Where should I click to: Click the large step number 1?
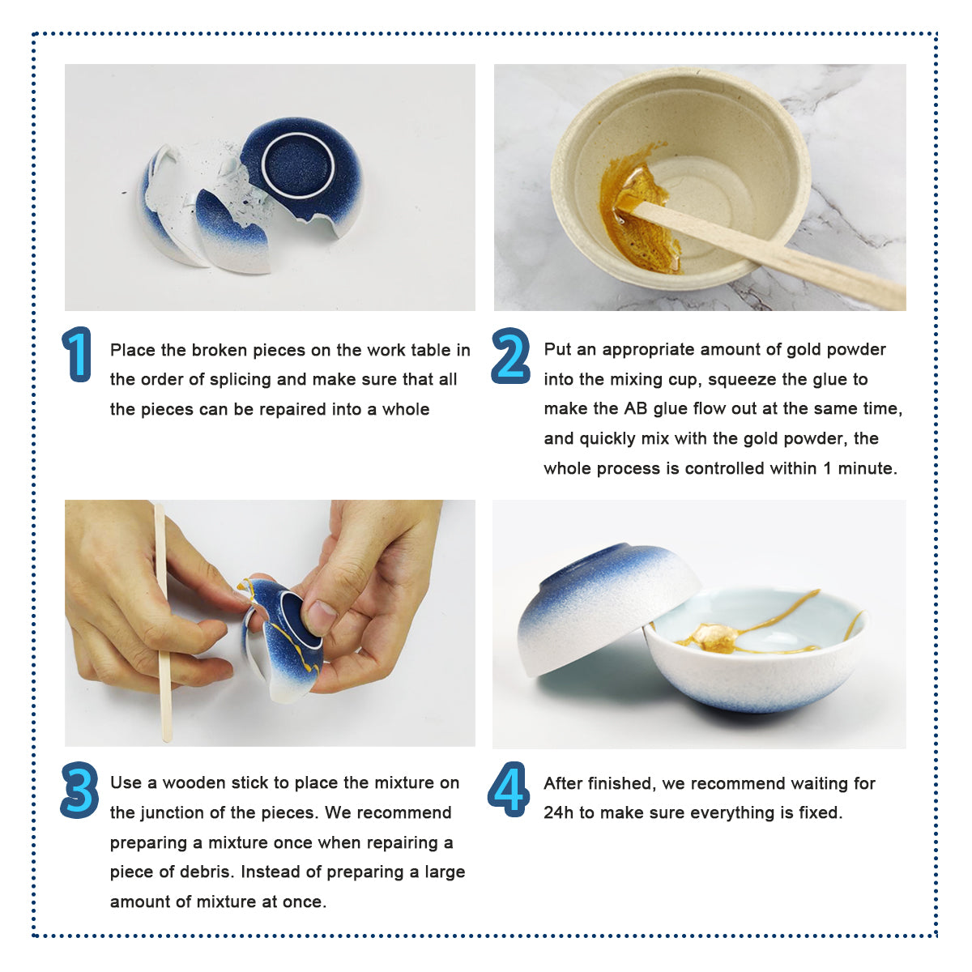tap(77, 354)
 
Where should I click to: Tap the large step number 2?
tap(510, 355)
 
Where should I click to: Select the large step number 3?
tap(79, 790)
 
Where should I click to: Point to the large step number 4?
tap(509, 789)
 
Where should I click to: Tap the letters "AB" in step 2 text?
tap(636, 408)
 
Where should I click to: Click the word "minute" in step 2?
tap(867, 468)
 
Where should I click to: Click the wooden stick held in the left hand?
tap(163, 621)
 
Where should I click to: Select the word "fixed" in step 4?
tap(821, 812)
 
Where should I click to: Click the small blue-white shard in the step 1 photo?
tap(232, 231)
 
